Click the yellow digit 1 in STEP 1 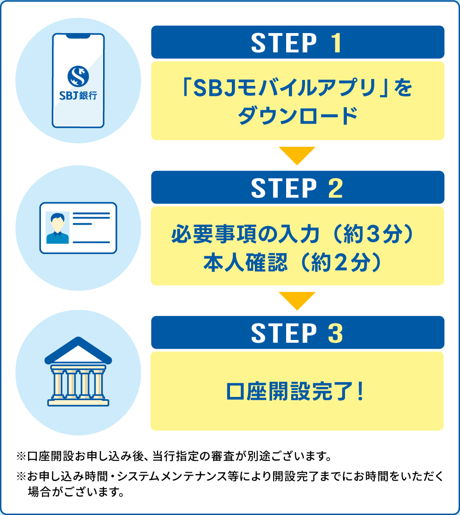(336, 43)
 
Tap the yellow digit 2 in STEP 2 (336, 188)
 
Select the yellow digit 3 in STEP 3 (336, 334)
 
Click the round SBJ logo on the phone (78, 76)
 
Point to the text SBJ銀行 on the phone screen (78, 96)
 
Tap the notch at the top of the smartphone (78, 36)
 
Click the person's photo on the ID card (57, 227)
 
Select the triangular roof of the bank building (78, 350)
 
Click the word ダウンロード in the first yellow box (298, 116)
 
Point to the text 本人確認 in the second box (245, 263)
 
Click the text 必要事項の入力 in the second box (245, 234)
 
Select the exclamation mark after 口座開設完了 (361, 391)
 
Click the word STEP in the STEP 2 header (284, 188)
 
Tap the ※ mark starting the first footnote (21, 456)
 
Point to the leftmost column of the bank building (58, 384)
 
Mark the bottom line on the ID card (92, 243)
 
